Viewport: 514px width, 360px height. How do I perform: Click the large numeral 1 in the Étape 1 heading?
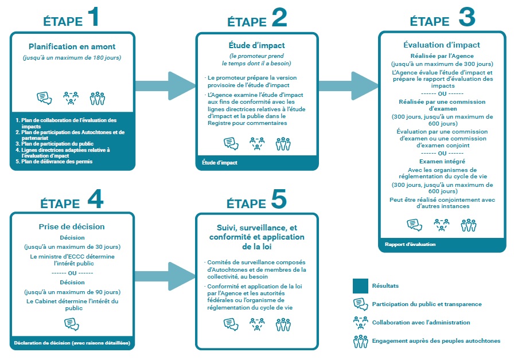click(x=92, y=18)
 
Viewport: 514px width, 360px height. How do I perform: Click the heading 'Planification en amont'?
click(x=72, y=46)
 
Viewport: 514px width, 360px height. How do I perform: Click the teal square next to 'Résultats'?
click(x=360, y=285)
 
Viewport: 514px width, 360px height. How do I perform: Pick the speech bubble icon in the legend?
click(x=360, y=304)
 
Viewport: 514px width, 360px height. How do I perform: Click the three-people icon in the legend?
click(x=360, y=341)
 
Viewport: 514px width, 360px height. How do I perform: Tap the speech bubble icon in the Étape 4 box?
click(x=72, y=323)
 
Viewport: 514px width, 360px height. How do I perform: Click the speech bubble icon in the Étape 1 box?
click(x=44, y=98)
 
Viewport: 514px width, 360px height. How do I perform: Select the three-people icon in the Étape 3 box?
click(x=468, y=225)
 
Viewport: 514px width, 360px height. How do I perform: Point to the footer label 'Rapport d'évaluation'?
click(x=411, y=244)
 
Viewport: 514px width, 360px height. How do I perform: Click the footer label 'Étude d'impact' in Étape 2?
click(x=220, y=163)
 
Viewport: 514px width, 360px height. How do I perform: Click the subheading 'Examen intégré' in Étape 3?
click(x=442, y=162)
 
